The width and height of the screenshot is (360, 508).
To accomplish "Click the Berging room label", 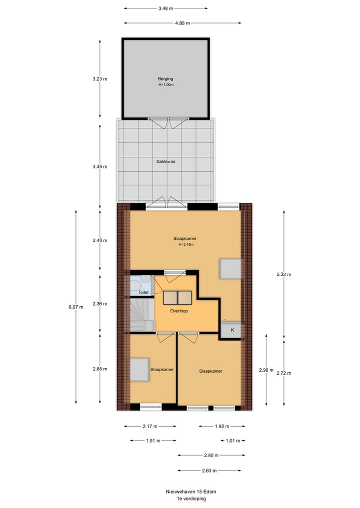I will point(165,79).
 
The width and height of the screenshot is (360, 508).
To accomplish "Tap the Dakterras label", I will point(165,161).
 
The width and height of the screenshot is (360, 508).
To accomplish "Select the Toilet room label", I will point(143,293).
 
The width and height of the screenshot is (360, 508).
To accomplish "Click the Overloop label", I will point(177,310).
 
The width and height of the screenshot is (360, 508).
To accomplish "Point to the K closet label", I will point(232,330).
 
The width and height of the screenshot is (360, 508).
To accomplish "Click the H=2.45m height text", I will point(186,245).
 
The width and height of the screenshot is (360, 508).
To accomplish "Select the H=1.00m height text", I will point(165,84).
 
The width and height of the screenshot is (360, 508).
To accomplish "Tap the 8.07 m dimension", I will point(76,307).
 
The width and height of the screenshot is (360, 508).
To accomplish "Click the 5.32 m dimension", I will point(284,274).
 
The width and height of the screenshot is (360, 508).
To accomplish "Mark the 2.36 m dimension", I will point(100,304).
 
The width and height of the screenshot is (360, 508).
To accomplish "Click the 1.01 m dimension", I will point(232,441).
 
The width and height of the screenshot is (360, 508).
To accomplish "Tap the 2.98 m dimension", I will point(266,370).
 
